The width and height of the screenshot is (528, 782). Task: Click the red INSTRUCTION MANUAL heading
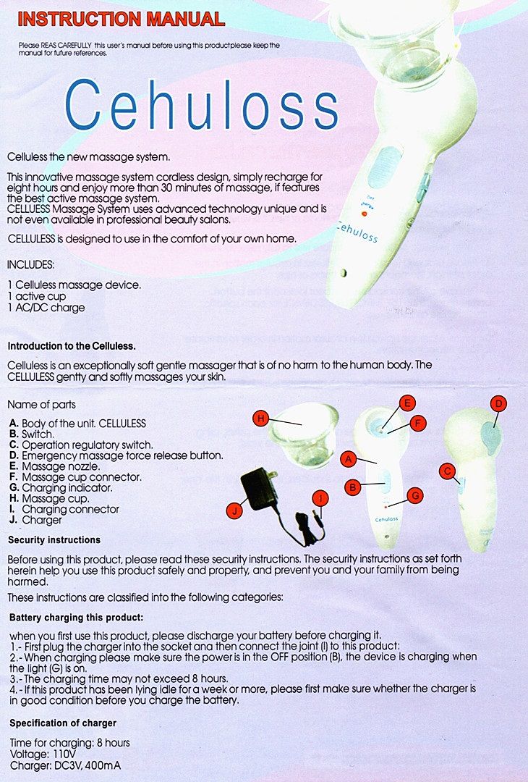[121, 19]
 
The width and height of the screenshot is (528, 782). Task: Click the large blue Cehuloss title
[202, 105]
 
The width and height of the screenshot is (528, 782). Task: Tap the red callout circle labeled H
[261, 417]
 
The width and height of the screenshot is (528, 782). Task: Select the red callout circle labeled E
[406, 402]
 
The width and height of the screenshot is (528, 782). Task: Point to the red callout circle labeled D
[498, 403]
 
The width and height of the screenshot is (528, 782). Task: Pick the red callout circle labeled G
[414, 495]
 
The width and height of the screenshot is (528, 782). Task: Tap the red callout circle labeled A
[348, 458]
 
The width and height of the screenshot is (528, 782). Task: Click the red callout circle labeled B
[352, 487]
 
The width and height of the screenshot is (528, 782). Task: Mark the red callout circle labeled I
[320, 497]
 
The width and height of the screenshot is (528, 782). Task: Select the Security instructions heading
[54, 540]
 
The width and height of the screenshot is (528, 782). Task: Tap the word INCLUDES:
[31, 265]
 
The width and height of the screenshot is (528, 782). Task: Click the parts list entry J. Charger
[36, 520]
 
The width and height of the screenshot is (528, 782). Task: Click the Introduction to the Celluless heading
[72, 345]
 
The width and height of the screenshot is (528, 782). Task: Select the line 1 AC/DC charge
[46, 308]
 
